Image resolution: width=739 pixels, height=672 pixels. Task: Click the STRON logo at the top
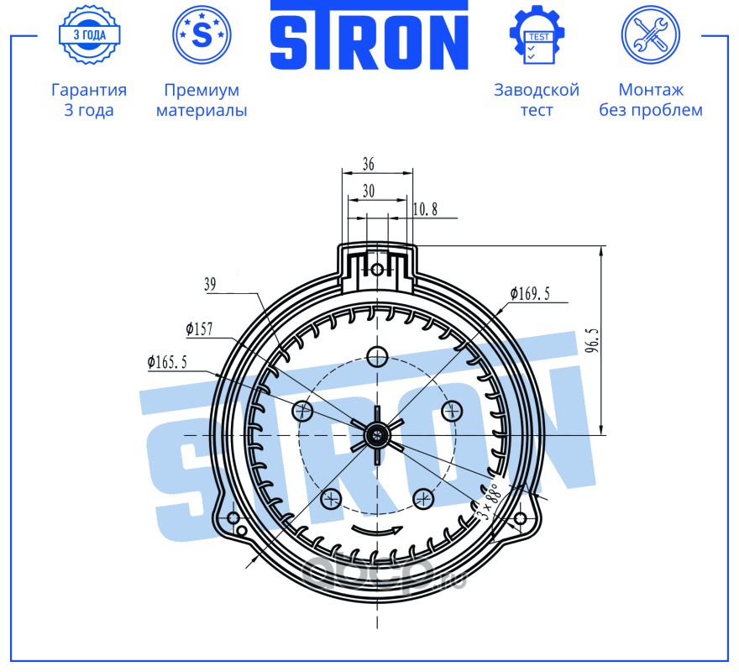[369, 35]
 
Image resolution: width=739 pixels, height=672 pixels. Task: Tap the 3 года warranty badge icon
[90, 35]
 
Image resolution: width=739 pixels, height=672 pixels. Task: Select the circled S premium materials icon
[202, 35]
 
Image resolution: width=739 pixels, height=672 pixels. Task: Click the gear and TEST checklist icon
[537, 35]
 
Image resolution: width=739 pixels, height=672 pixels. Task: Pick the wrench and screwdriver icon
[650, 35]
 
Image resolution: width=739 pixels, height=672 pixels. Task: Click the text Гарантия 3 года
[89, 99]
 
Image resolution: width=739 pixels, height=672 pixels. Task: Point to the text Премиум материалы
[202, 99]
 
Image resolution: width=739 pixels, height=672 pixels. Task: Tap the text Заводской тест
[537, 99]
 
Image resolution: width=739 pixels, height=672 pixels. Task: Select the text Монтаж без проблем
[651, 99]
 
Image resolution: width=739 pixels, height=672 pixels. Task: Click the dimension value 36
[369, 164]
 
